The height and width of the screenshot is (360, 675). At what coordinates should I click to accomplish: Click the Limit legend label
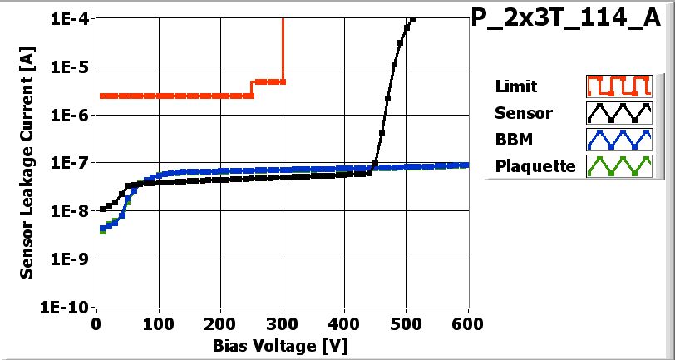[515, 86]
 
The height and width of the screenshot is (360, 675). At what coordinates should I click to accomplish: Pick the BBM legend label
[513, 140]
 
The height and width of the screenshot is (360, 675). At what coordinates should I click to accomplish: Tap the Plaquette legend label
[535, 166]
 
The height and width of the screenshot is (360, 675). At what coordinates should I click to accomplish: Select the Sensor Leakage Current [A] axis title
[27, 162]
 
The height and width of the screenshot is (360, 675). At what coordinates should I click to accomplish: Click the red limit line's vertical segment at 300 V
[283, 50]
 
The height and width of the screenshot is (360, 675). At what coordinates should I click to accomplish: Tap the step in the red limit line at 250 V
[252, 88]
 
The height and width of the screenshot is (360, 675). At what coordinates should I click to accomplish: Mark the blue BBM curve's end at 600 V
[467, 165]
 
